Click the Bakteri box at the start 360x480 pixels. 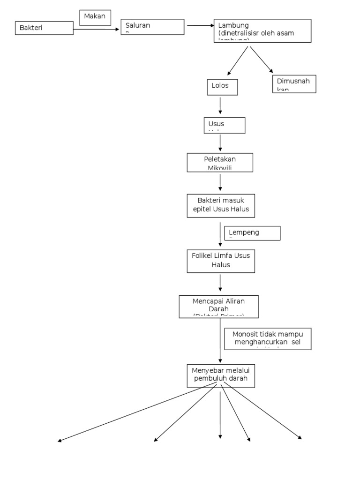click(x=45, y=28)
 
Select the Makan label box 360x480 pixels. click(x=95, y=17)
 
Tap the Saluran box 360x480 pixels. click(x=152, y=27)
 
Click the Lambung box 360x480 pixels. click(x=262, y=30)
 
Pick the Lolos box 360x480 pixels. click(x=222, y=87)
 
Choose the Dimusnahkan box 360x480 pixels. click(x=294, y=84)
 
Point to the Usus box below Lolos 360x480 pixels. click(x=224, y=125)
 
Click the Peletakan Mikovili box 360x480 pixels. click(x=220, y=163)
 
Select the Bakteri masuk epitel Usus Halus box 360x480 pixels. click(x=221, y=205)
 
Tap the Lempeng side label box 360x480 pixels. click(x=253, y=233)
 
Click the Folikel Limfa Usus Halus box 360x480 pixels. click(x=221, y=261)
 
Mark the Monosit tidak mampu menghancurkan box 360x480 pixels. click(x=268, y=338)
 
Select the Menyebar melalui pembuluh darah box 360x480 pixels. click(x=221, y=375)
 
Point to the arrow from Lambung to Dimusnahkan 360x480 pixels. click(x=261, y=59)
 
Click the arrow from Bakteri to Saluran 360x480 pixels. click(x=97, y=30)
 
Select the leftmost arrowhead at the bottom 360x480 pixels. click(x=60, y=440)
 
